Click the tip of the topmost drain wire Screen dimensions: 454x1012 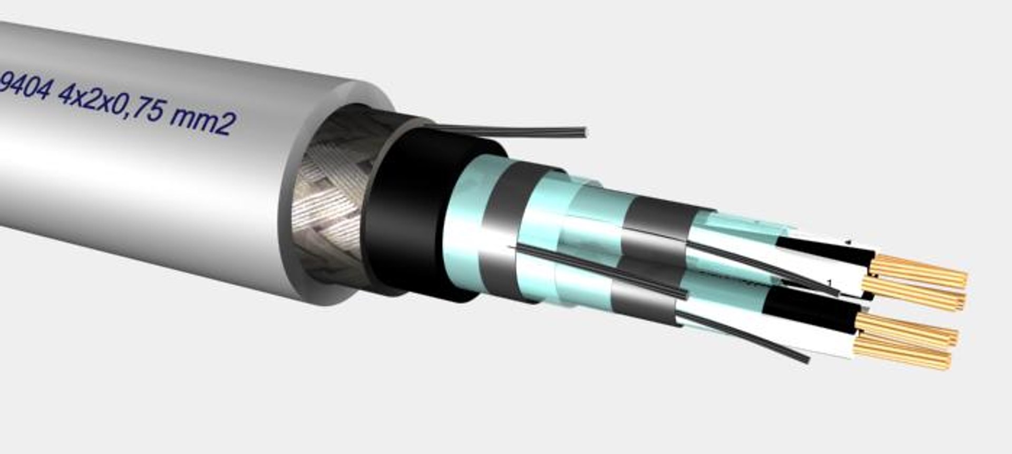[582, 132]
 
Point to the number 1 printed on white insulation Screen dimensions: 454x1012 [830, 283]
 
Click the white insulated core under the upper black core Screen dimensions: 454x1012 [838, 274]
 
